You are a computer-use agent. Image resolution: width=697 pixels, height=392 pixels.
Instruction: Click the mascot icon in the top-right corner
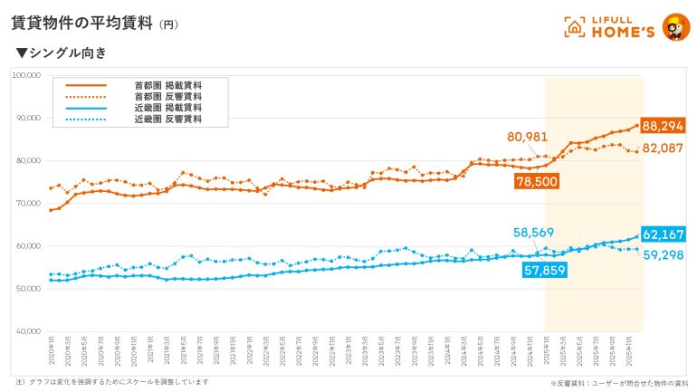coord(674,26)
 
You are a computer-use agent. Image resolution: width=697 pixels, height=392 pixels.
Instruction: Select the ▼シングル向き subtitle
coord(62,53)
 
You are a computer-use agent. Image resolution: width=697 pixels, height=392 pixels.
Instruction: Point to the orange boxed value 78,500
coord(534,181)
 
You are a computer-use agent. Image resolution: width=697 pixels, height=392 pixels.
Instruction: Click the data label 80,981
coord(529,137)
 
